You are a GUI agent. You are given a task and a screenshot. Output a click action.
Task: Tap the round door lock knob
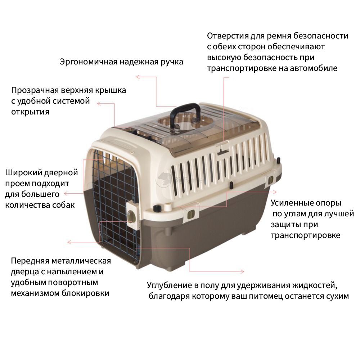pyautogui.click(x=130, y=216)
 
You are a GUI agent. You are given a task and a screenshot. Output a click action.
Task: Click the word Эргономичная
pyautogui.click(x=89, y=62)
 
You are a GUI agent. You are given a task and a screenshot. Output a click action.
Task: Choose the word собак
pyautogui.click(x=63, y=205)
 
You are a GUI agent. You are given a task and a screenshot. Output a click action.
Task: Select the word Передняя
pyautogui.click(x=30, y=261)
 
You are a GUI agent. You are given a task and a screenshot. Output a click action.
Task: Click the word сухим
pyautogui.click(x=338, y=296)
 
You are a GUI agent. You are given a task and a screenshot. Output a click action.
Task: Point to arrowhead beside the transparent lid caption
pyautogui.click(x=99, y=104)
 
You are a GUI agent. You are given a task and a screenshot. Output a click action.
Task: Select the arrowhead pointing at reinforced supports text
pyautogui.click(x=275, y=192)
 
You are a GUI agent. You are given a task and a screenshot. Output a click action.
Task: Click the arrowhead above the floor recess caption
pyautogui.click(x=242, y=271)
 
